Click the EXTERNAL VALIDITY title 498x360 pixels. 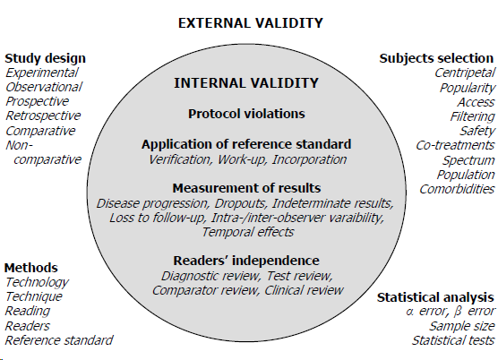[x=250, y=22]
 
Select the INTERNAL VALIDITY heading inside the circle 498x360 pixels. [x=246, y=83]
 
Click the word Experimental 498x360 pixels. [x=42, y=73]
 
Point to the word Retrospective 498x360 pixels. [x=43, y=116]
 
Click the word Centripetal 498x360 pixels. [x=464, y=73]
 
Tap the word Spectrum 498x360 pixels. [x=468, y=159]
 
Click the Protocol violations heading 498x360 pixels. [x=246, y=114]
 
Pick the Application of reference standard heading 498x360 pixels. [x=246, y=144]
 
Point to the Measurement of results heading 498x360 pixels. [x=246, y=187]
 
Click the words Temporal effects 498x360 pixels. [x=247, y=232]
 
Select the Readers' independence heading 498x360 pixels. [x=246, y=261]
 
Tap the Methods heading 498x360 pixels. [x=31, y=268]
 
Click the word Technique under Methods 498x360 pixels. [x=34, y=296]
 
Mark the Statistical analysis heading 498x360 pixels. [x=434, y=296]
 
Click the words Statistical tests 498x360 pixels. [x=453, y=340]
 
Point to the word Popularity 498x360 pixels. [x=467, y=88]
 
